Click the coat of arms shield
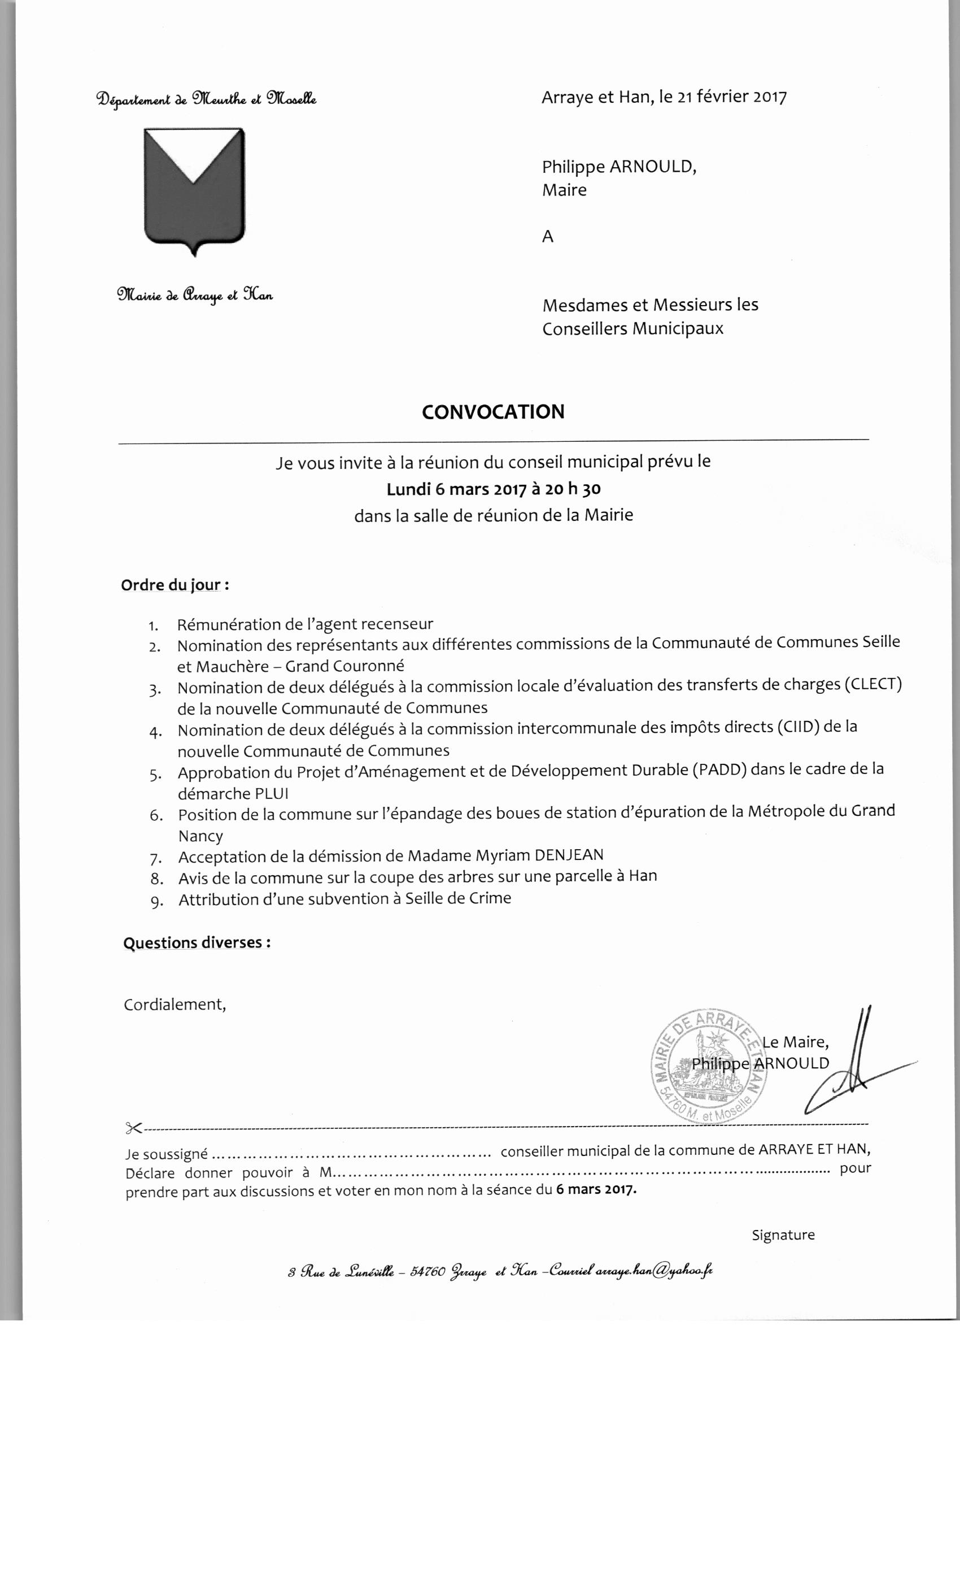[194, 189]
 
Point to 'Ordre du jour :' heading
[175, 585]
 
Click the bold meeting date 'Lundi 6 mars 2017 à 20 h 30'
[493, 489]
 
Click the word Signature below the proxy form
[783, 1235]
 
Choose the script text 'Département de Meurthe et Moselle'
[206, 99]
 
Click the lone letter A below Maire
[547, 237]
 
